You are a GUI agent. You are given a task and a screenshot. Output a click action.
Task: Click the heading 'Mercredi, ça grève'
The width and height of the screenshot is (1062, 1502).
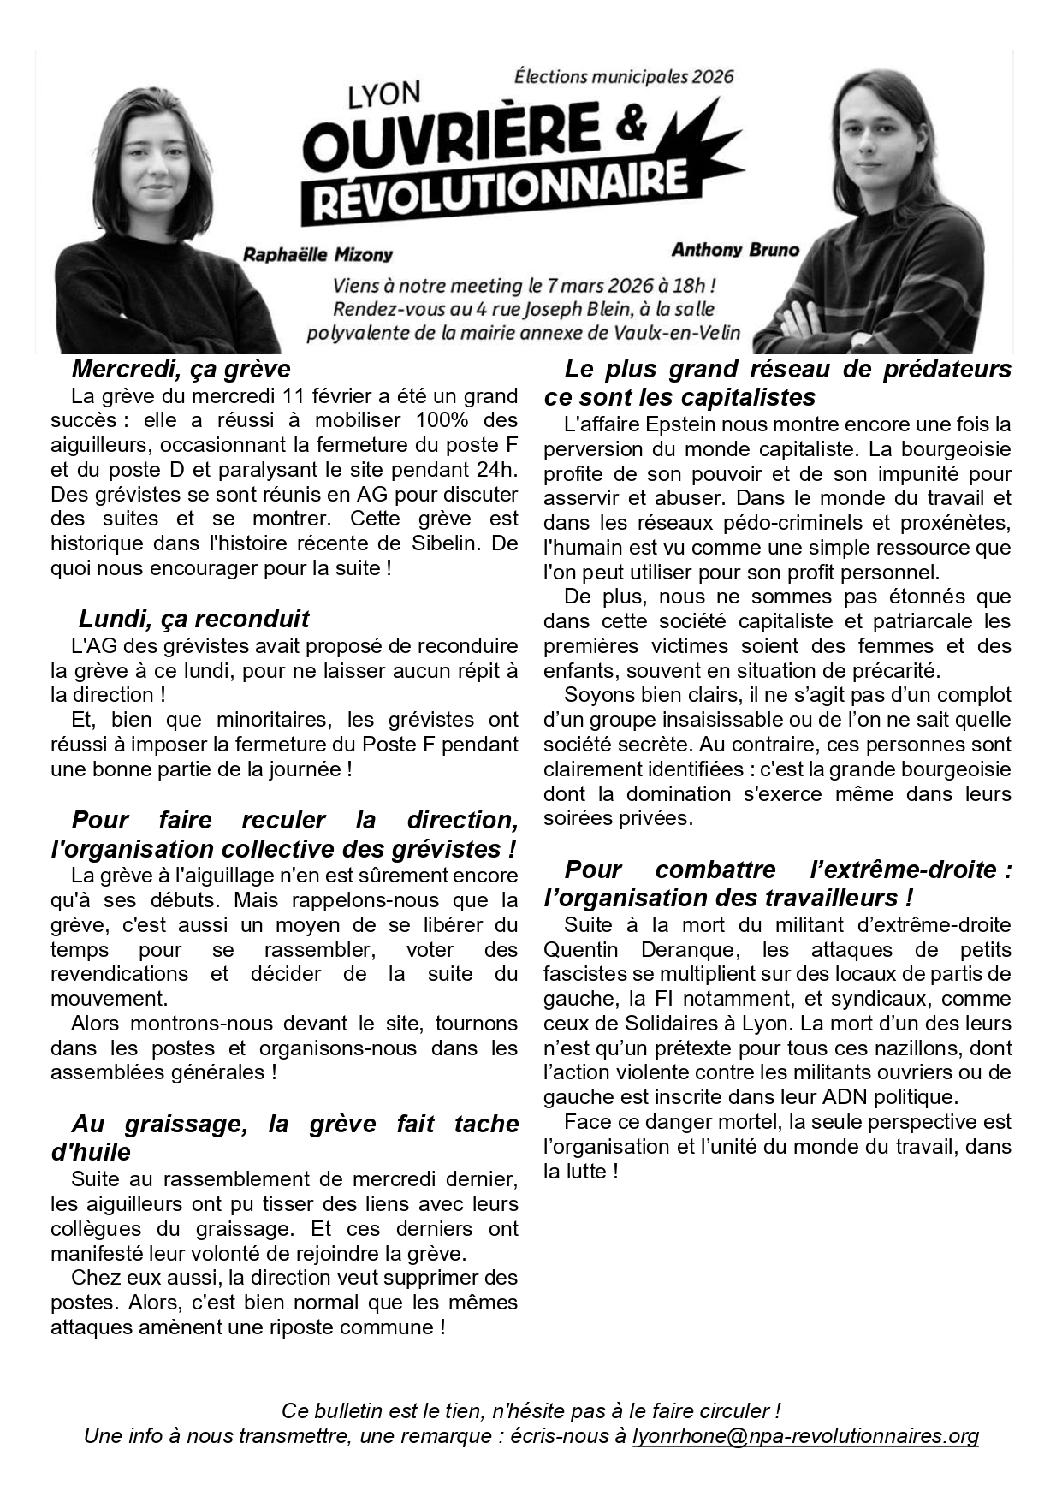click(181, 369)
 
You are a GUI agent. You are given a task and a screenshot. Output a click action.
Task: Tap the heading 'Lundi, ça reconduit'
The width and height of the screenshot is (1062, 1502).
click(193, 619)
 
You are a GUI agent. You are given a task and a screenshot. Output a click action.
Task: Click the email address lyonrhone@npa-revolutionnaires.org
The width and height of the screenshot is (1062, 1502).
click(805, 1436)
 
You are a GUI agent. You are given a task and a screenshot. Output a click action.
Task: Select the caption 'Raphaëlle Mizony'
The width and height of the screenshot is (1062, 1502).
click(317, 254)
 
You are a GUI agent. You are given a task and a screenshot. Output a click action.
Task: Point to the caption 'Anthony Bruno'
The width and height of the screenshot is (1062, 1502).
click(735, 250)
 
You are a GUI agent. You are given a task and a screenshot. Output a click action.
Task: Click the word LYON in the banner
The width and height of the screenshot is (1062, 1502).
click(384, 97)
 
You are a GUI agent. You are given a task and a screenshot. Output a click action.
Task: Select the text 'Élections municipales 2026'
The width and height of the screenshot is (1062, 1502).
click(624, 77)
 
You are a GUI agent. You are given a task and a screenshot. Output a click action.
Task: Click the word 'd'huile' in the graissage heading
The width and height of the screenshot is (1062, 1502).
click(91, 1152)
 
